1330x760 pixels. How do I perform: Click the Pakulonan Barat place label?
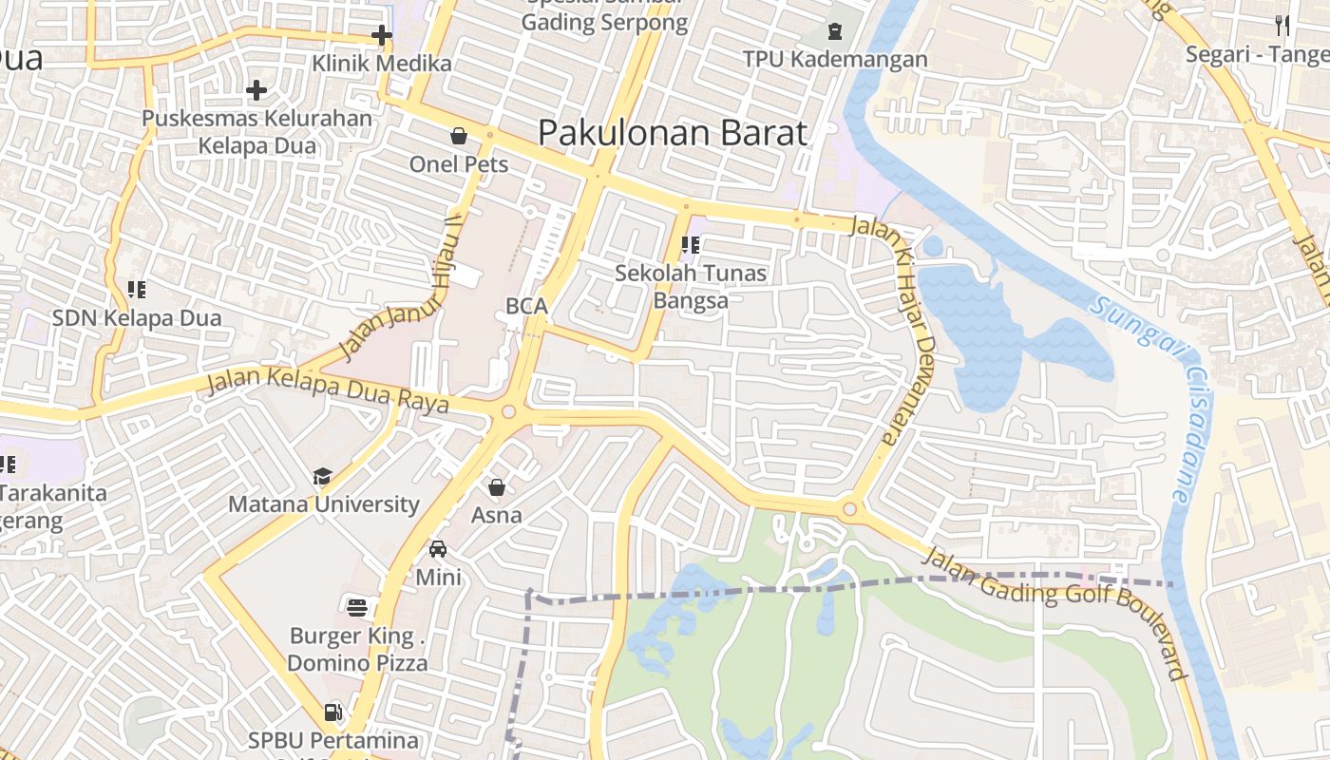(673, 132)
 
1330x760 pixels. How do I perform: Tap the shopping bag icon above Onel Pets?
(459, 136)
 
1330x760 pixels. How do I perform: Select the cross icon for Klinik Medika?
(381, 36)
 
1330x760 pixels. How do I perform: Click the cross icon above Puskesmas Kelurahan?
(256, 91)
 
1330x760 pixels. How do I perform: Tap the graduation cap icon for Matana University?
(323, 476)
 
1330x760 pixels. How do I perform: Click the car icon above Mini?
(438, 549)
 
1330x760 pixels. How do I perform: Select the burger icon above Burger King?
(357, 607)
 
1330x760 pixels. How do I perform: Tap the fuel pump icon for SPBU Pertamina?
(332, 712)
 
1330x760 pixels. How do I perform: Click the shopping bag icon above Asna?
(496, 487)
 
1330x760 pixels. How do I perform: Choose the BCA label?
(526, 306)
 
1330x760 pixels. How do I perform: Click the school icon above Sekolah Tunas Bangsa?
(691, 245)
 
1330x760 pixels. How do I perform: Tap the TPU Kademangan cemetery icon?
(835, 31)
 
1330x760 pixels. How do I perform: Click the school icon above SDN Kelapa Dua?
(137, 289)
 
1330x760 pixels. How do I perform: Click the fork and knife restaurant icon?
(1282, 26)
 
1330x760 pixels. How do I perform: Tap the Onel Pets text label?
(459, 164)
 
